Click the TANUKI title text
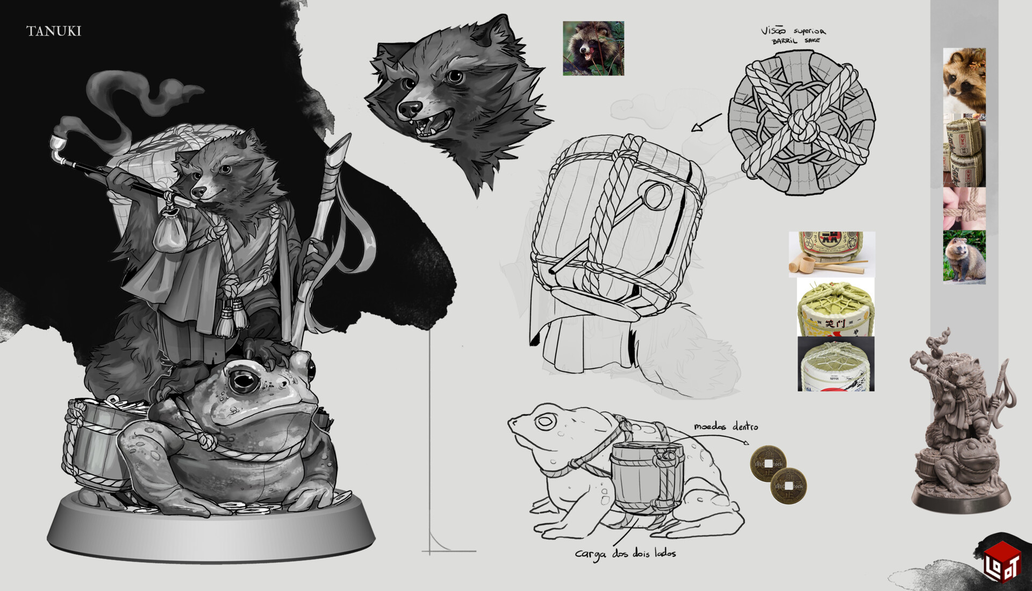click(54, 31)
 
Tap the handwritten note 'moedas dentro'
click(726, 426)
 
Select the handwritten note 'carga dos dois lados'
click(625, 553)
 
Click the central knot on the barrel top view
click(801, 124)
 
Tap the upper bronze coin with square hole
click(768, 463)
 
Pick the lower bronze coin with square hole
click(788, 486)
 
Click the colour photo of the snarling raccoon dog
click(593, 48)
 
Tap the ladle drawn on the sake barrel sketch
click(654, 197)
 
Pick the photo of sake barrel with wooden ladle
click(831, 254)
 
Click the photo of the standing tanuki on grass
click(964, 256)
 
